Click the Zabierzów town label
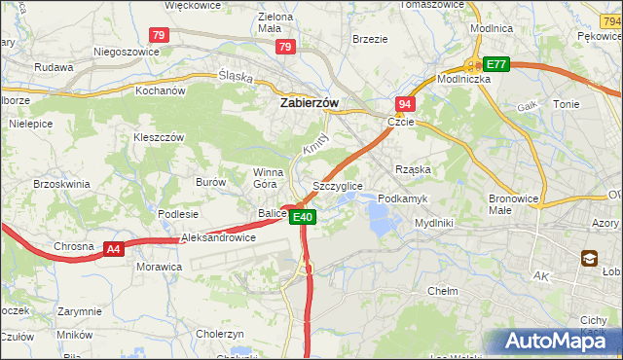[x=309, y=101]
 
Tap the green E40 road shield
[x=303, y=218]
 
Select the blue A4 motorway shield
[x=114, y=250]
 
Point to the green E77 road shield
[x=497, y=64]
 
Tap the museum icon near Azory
[x=590, y=258]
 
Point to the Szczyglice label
[x=338, y=185]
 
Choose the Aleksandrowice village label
[x=219, y=237]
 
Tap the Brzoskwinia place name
[x=61, y=183]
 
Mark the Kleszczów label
[x=159, y=137]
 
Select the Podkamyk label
[x=402, y=198]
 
